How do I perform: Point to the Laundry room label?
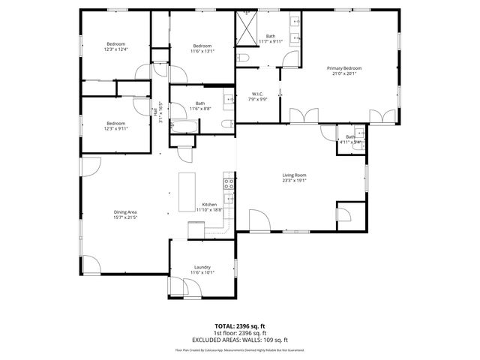(x=202, y=267)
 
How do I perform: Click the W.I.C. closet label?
(x=258, y=94)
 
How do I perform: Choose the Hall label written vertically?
(x=155, y=112)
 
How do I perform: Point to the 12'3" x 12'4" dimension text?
(x=115, y=49)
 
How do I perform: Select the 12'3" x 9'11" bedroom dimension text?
(x=115, y=128)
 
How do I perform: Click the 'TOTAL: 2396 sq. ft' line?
(x=239, y=327)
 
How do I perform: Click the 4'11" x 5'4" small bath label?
(x=350, y=142)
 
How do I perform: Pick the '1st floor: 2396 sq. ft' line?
(x=239, y=333)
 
